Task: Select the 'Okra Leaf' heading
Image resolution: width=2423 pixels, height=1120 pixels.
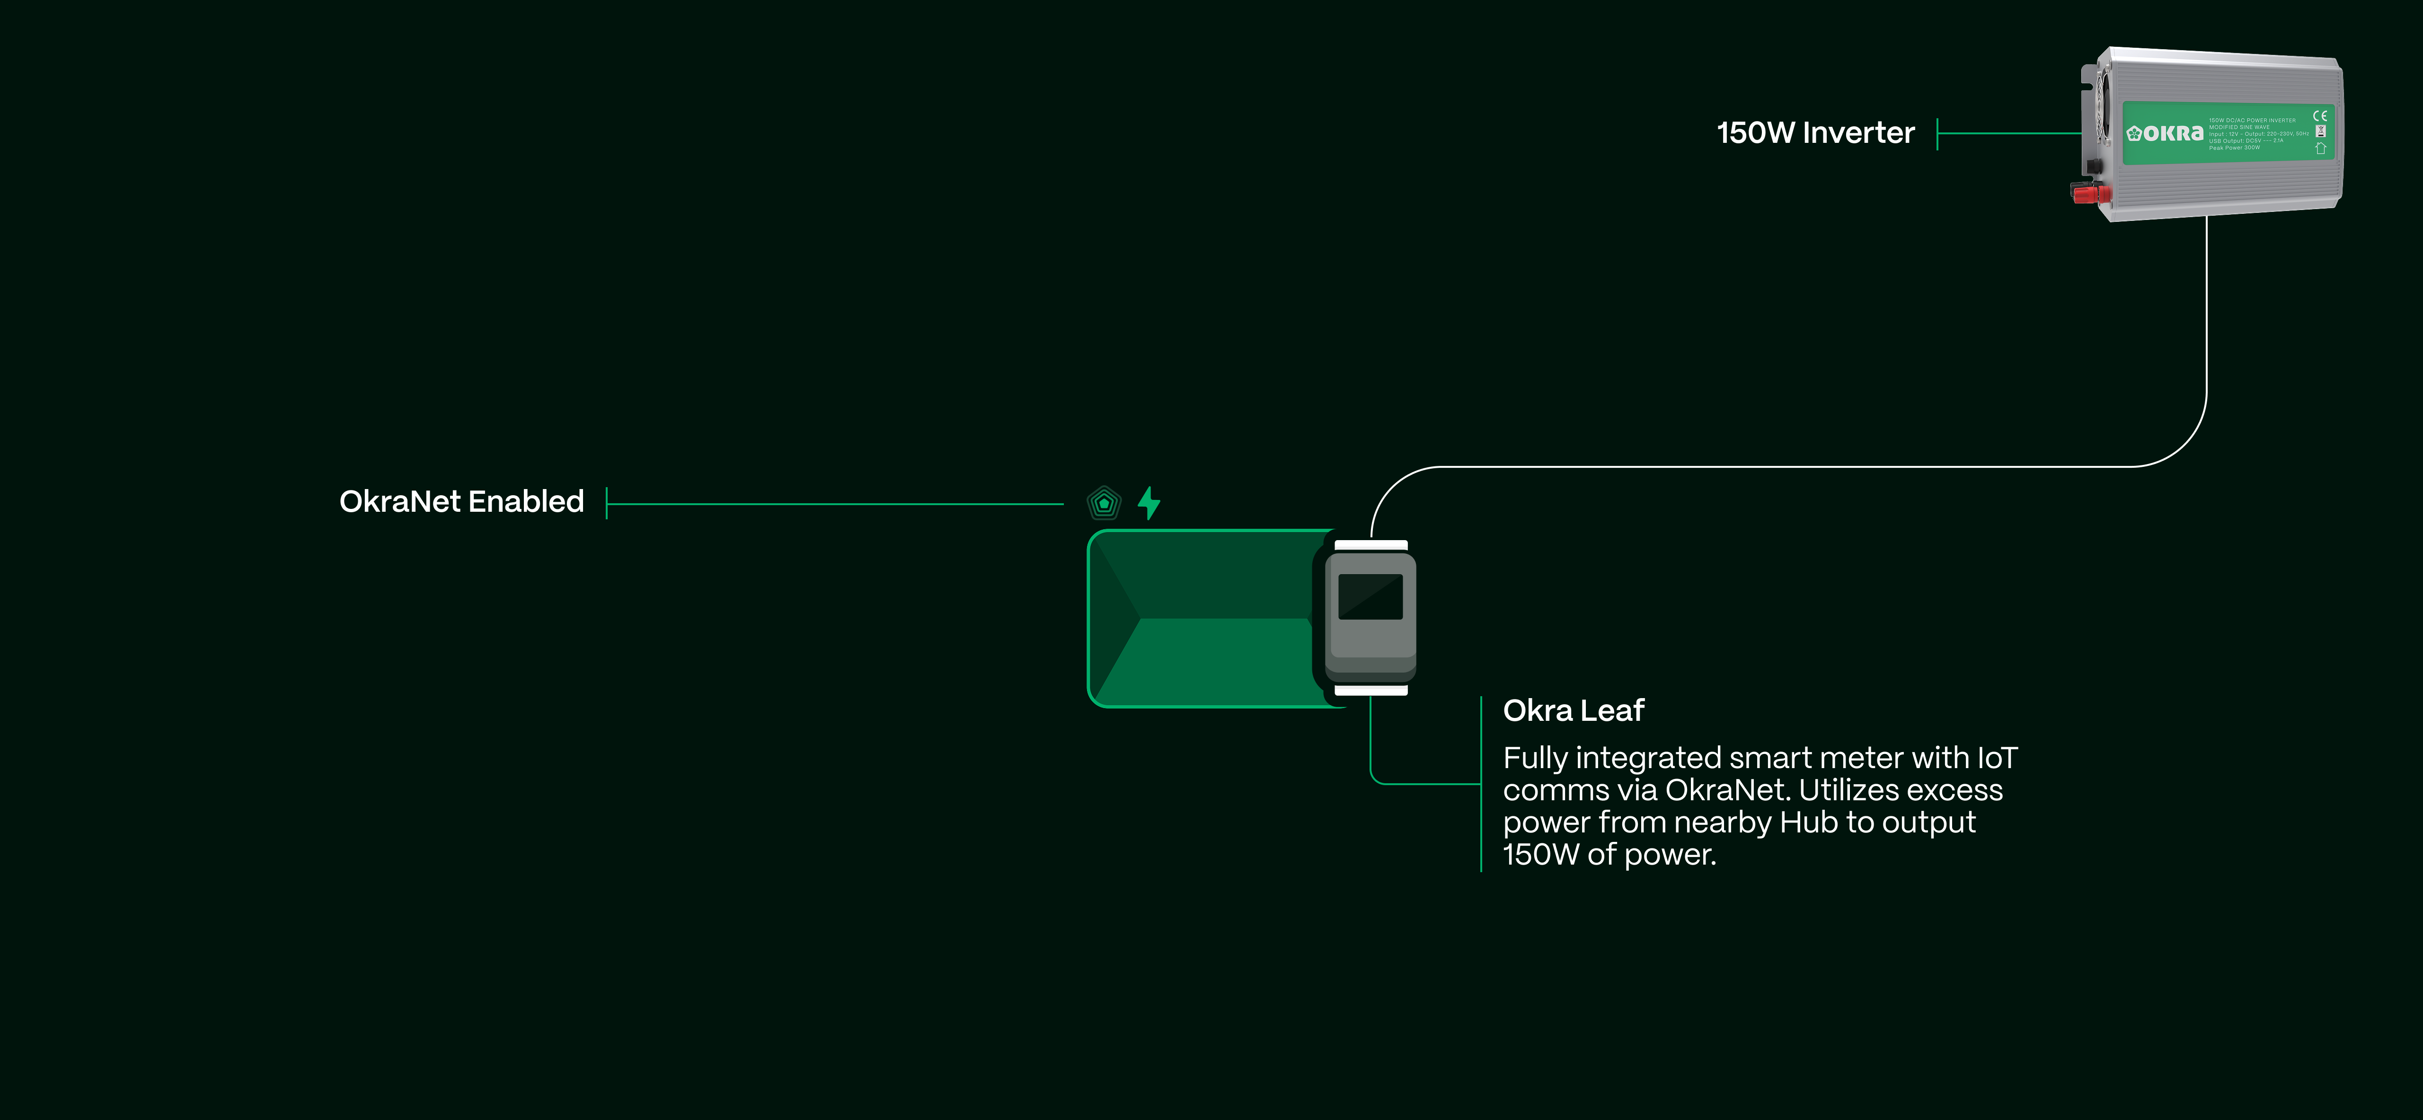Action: pyautogui.click(x=1573, y=710)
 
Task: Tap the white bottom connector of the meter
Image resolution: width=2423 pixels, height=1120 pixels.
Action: pyautogui.click(x=1371, y=690)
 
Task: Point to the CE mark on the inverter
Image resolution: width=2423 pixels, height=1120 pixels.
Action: pyautogui.click(x=2319, y=116)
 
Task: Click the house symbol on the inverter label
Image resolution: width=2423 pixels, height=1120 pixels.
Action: pyautogui.click(x=2319, y=148)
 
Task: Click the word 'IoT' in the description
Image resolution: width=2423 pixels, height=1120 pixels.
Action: pyautogui.click(x=1997, y=758)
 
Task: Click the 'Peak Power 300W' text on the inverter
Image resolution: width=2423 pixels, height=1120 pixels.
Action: pyautogui.click(x=2234, y=148)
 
